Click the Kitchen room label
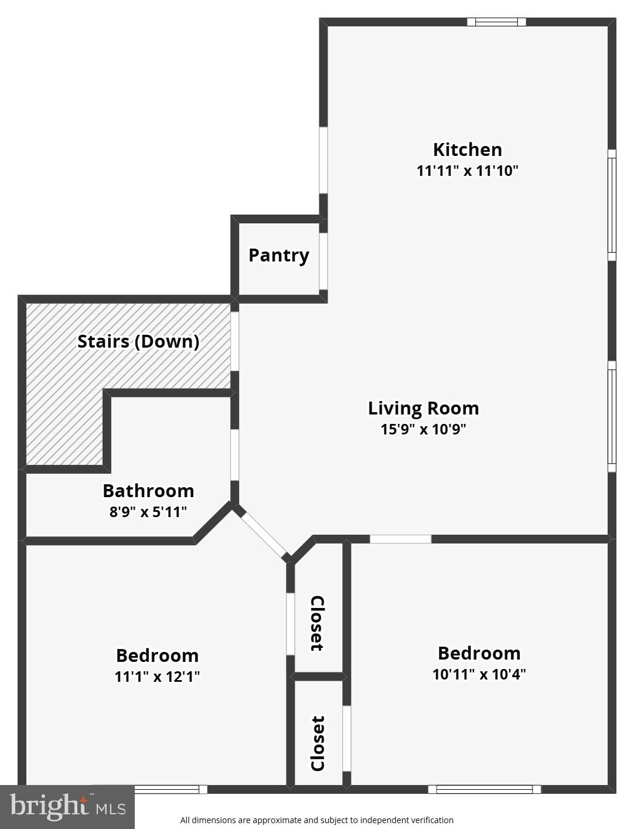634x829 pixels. (467, 150)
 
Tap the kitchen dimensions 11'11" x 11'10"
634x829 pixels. (467, 171)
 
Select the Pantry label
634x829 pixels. (278, 256)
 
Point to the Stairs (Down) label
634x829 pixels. (138, 341)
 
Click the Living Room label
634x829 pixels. (423, 408)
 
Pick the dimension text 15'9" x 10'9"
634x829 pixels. (423, 429)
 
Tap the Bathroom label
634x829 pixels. (148, 491)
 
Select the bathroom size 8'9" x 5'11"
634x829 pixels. (148, 512)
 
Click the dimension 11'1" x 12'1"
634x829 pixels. (157, 677)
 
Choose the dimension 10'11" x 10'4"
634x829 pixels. (479, 674)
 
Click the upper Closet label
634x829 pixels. (317, 623)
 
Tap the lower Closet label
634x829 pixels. (317, 743)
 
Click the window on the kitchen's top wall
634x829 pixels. (496, 22)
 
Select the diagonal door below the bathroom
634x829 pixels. (262, 534)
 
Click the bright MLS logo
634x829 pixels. (67, 807)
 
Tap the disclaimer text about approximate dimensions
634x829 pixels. (316, 820)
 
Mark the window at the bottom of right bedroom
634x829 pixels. (484, 789)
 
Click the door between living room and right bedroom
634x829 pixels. (400, 539)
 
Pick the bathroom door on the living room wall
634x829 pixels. (234, 455)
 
